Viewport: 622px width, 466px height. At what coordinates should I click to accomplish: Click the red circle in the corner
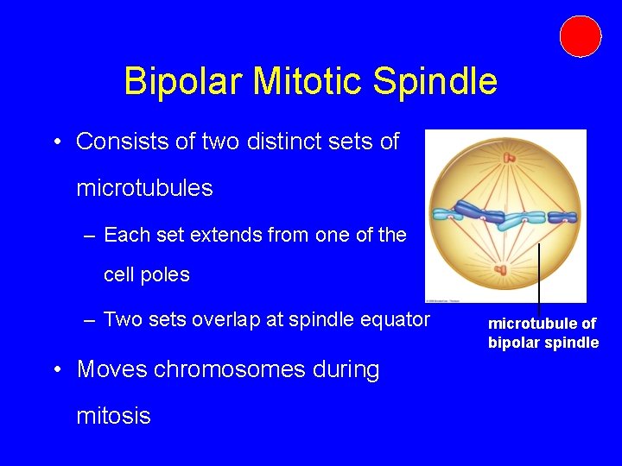(580, 36)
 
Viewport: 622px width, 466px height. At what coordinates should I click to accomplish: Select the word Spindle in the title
(435, 82)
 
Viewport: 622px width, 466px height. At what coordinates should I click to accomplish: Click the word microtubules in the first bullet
(144, 188)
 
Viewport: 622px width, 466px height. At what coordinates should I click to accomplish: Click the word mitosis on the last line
(113, 416)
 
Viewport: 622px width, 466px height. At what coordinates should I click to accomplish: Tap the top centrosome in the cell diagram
(510, 158)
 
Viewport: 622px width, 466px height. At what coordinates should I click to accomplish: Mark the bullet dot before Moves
(55, 370)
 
